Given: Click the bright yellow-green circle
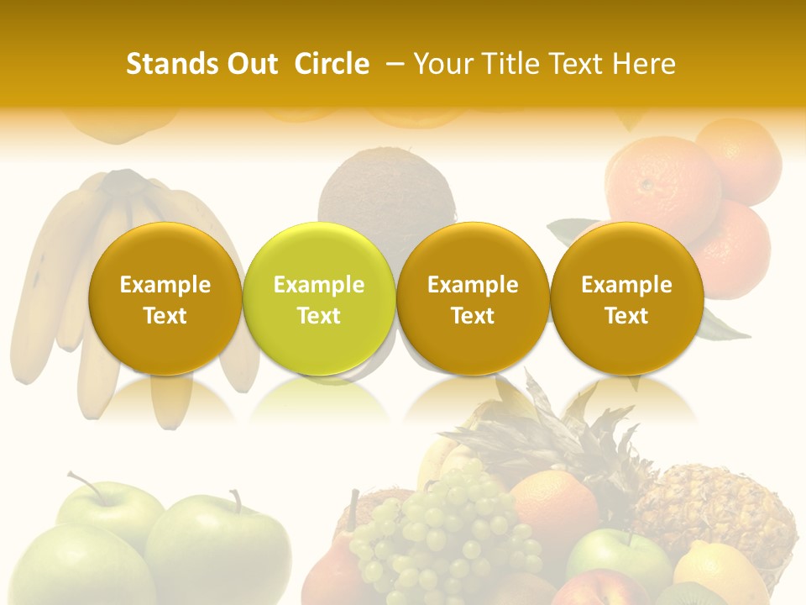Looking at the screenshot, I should pyautogui.click(x=319, y=298).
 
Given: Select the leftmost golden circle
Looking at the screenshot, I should pyautogui.click(x=165, y=298).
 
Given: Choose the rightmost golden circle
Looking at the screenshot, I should pyautogui.click(x=627, y=298).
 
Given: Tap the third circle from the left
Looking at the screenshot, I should pyautogui.click(x=473, y=298).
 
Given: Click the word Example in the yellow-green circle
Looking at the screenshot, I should pyautogui.click(x=319, y=285).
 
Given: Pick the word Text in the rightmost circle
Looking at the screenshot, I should pyautogui.click(x=627, y=316).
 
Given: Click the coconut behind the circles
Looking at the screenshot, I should pyautogui.click(x=386, y=193).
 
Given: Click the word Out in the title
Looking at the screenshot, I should pyautogui.click(x=249, y=64).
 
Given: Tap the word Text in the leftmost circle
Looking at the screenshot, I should pyautogui.click(x=165, y=316).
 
